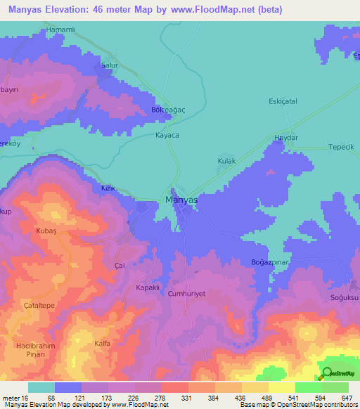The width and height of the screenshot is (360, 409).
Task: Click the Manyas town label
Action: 181,200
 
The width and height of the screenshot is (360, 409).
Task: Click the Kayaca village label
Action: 167,135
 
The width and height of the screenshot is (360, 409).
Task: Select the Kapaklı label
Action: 150,288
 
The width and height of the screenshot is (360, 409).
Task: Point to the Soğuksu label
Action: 345,298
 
